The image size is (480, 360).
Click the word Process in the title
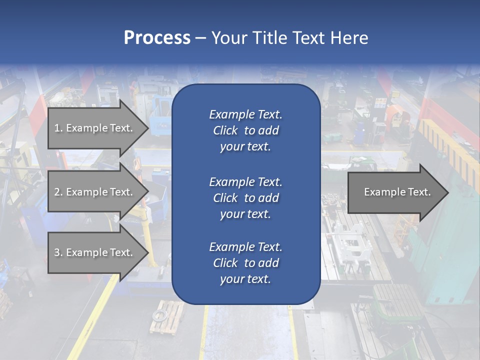point(157,38)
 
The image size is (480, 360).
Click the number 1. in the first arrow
point(58,128)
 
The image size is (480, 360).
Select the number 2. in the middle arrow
point(58,192)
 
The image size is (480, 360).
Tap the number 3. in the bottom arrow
point(58,252)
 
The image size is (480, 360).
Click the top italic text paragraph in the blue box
point(245,130)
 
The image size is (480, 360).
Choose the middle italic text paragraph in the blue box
point(245,198)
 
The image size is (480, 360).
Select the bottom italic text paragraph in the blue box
point(245,263)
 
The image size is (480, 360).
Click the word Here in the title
point(349,38)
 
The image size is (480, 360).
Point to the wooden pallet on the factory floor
point(166,317)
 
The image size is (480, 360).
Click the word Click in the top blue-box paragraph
point(225,130)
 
